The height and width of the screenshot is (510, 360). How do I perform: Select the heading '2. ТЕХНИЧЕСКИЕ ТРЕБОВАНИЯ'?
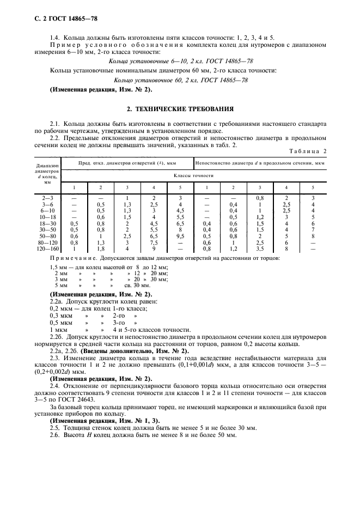coord(180,108)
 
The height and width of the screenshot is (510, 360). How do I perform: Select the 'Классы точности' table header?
coord(193,176)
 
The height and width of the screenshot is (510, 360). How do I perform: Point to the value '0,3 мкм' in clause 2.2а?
coord(60,315)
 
